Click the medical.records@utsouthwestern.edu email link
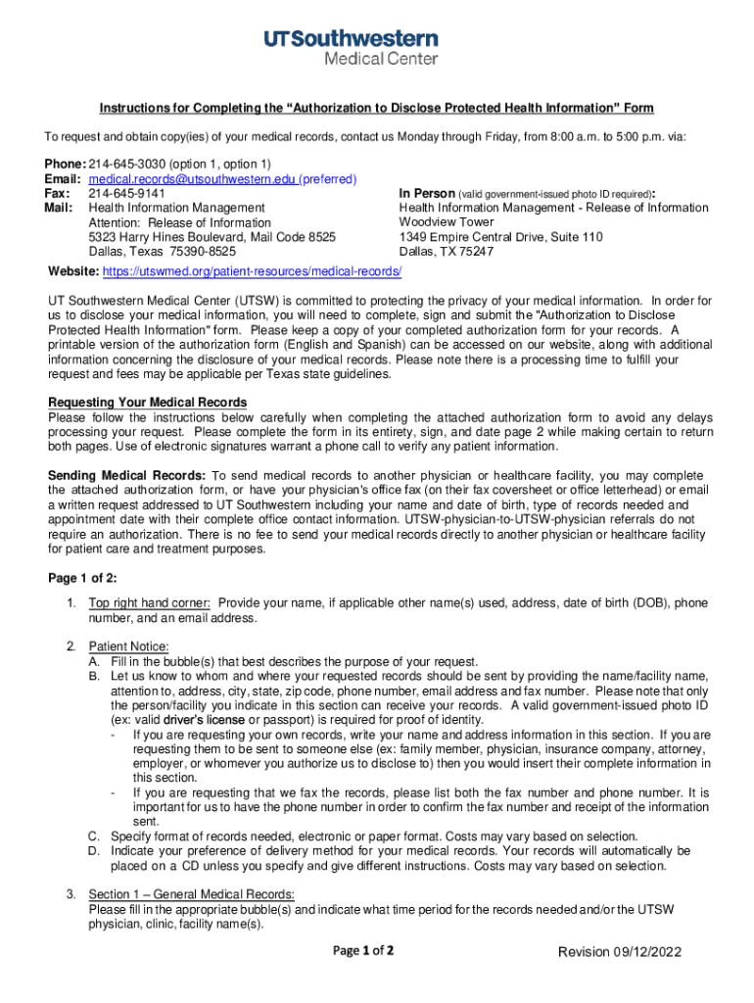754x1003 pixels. (x=192, y=180)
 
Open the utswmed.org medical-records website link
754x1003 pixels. (x=252, y=270)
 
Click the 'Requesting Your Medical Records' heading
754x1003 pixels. (x=148, y=403)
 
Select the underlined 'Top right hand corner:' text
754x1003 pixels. (x=151, y=603)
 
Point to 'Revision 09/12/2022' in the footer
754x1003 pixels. (x=619, y=953)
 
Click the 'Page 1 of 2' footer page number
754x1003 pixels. (x=363, y=951)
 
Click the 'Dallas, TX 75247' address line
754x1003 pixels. (x=447, y=252)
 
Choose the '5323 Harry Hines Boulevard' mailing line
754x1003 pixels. (x=212, y=237)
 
